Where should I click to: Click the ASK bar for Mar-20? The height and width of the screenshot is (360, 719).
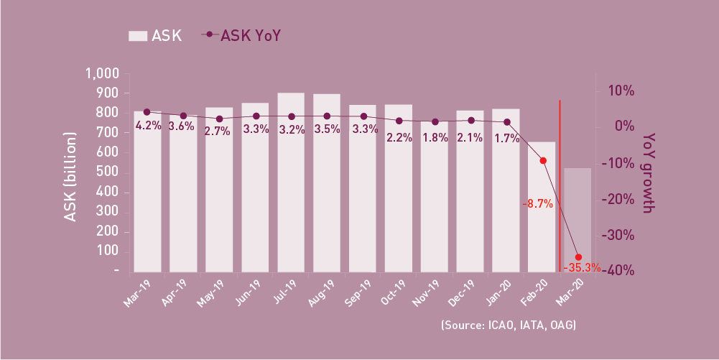577,220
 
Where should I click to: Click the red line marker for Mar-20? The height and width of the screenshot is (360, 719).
578,257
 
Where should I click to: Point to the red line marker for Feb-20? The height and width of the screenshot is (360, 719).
543,161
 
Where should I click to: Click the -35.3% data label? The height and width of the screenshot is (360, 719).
582,268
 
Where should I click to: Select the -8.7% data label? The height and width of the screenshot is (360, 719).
537,204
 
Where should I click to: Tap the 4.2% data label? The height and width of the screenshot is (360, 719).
148,126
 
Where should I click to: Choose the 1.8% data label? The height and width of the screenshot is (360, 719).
435,138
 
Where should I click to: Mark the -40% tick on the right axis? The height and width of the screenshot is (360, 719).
618,270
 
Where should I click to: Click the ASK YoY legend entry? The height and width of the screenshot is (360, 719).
244,35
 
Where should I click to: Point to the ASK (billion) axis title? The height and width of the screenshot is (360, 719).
70,176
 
